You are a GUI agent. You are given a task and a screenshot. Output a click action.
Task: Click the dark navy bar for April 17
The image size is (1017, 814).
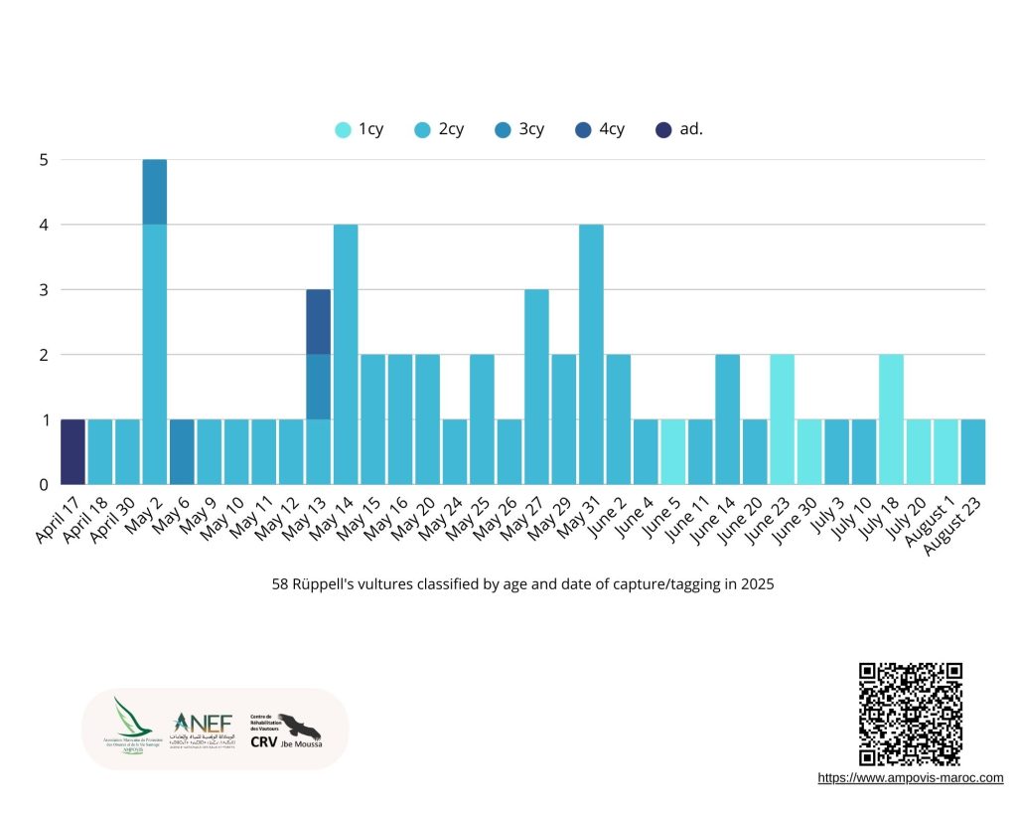(73, 452)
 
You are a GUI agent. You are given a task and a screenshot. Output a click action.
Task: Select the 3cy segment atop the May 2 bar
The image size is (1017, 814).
(154, 192)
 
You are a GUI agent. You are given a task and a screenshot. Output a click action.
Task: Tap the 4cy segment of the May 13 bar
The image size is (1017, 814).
(318, 322)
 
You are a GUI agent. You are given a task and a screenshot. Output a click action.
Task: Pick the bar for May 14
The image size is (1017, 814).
(346, 354)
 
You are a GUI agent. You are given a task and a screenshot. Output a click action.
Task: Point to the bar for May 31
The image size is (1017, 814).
(591, 354)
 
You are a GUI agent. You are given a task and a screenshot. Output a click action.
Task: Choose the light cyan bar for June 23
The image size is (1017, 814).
(782, 419)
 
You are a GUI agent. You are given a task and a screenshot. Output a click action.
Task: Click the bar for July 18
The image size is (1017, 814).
(891, 419)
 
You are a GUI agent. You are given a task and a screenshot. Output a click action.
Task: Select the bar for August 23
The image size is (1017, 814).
(973, 452)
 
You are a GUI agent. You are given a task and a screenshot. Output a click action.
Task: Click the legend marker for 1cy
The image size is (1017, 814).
(343, 129)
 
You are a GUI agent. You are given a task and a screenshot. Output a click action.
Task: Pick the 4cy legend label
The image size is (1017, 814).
(612, 129)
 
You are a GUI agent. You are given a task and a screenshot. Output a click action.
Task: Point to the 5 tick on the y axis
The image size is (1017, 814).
(42, 159)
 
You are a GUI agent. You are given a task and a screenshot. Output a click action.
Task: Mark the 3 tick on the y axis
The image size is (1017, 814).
(42, 290)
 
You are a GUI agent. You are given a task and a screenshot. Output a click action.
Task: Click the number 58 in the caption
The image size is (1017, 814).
(280, 584)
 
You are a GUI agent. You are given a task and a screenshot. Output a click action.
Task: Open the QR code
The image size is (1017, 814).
(910, 714)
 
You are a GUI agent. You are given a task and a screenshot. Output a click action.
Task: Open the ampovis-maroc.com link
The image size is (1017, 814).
(910, 778)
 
